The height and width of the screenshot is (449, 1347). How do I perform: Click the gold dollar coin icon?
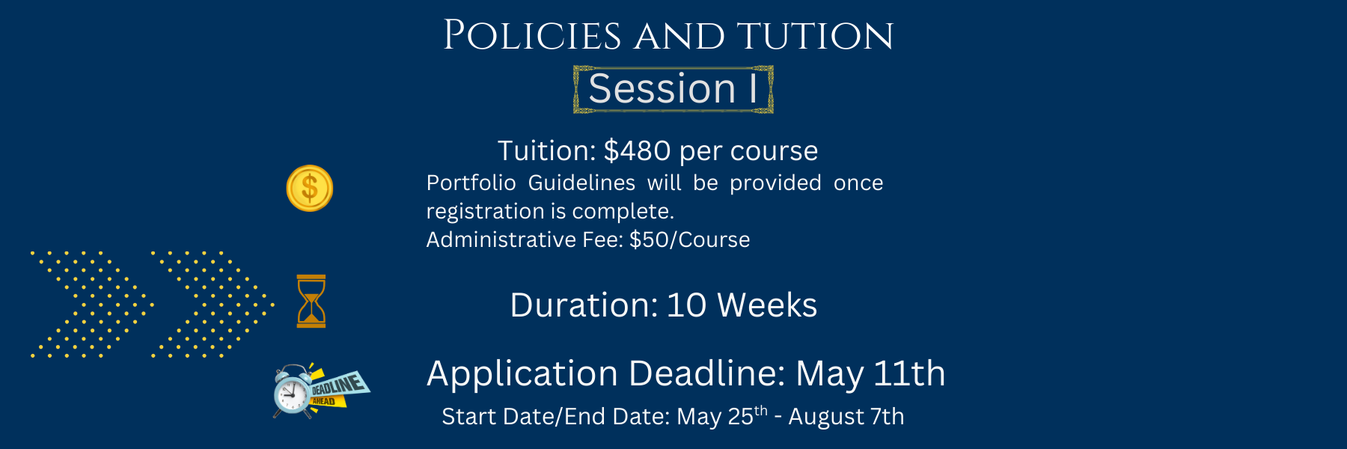click(310, 188)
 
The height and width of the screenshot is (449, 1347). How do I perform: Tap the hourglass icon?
click(311, 301)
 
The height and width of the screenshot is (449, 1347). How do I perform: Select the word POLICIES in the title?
click(532, 36)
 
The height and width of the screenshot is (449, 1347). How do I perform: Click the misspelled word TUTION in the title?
click(815, 36)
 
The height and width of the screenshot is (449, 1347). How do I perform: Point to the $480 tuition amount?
click(638, 150)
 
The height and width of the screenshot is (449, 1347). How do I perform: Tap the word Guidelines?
click(581, 183)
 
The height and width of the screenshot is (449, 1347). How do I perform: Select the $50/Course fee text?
click(690, 239)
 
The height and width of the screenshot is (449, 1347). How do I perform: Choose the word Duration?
click(584, 305)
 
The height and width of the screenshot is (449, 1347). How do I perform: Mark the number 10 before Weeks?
click(686, 305)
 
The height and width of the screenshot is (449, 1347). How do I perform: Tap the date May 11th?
click(870, 374)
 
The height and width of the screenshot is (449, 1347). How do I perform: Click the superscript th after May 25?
click(761, 409)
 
